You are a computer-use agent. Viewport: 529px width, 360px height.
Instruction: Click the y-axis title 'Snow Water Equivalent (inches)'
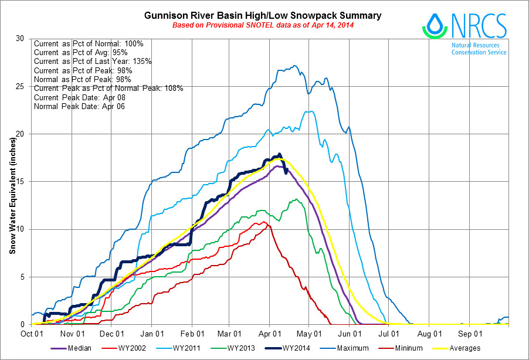[x=12, y=182]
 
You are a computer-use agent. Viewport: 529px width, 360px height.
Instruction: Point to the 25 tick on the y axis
[x=22, y=86]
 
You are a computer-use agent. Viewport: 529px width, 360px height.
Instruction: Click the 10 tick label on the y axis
[x=22, y=229]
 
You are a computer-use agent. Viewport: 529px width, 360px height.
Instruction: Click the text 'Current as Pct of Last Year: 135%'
[x=93, y=61]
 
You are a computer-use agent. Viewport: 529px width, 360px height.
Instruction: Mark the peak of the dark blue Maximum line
[x=294, y=66]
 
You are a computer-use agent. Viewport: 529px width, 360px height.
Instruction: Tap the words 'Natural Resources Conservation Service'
[x=479, y=48]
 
